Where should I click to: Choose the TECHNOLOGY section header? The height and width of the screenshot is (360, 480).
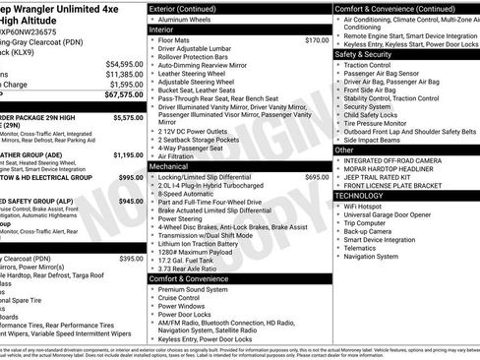coord(365,195)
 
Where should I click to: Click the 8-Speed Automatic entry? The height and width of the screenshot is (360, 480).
coord(188,195)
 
